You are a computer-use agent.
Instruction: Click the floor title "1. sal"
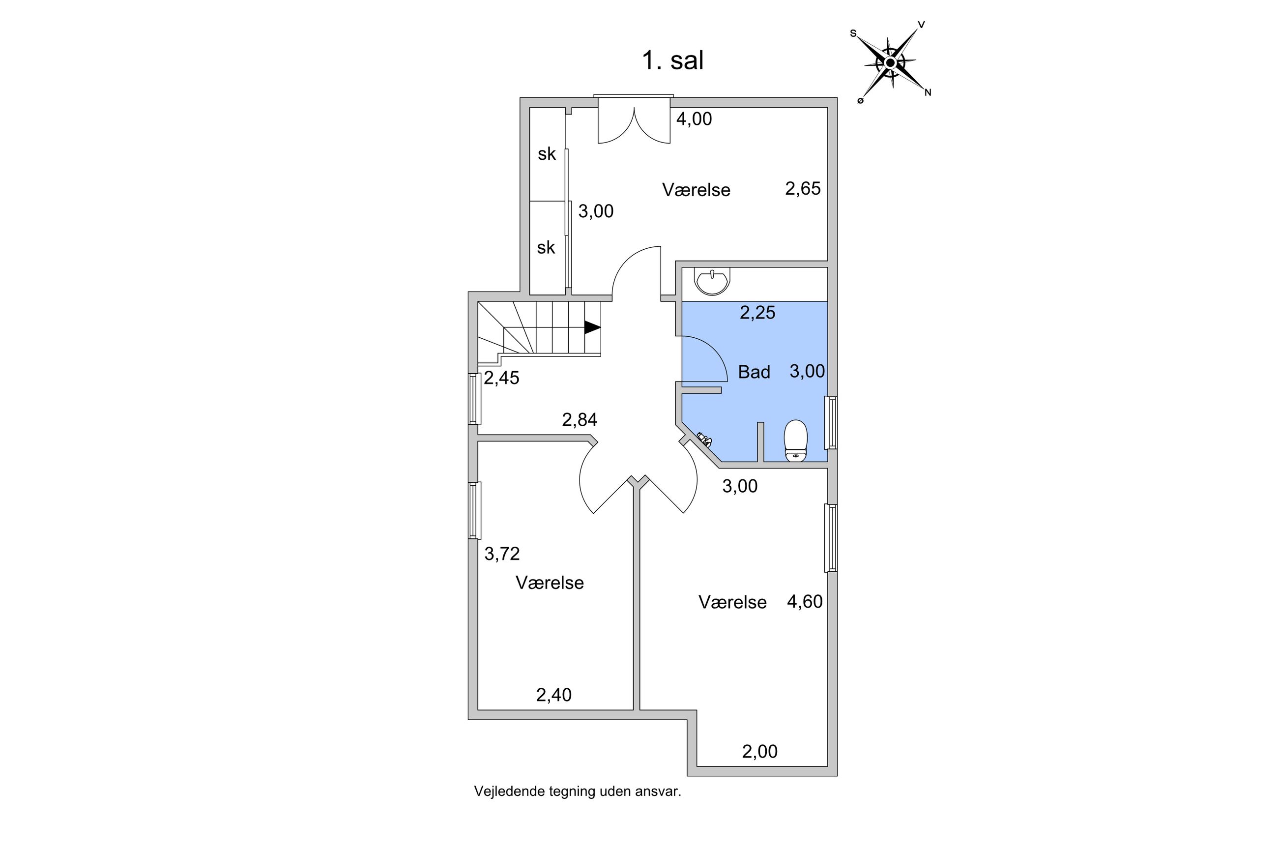coord(672,60)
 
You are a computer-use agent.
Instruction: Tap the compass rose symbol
coord(890,63)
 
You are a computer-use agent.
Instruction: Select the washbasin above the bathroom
coord(712,282)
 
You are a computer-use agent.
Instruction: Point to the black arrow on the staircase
coord(592,327)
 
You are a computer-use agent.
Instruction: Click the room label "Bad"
coord(754,372)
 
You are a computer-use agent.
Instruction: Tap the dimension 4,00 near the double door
coord(694,119)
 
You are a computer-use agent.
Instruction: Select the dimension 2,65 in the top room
coord(802,189)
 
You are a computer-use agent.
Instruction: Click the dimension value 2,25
coord(757,313)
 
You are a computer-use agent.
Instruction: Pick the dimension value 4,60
coord(804,601)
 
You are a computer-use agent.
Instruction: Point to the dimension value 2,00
coord(759,752)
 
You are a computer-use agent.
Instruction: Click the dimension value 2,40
coord(553,695)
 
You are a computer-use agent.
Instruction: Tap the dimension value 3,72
coord(502,554)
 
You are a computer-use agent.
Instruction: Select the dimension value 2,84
coord(579,419)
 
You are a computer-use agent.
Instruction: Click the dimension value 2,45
coord(501,378)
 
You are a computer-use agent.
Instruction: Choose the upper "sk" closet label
coord(547,154)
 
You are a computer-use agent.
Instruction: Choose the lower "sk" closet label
coord(546,248)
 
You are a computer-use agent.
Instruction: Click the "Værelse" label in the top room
coord(696,190)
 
